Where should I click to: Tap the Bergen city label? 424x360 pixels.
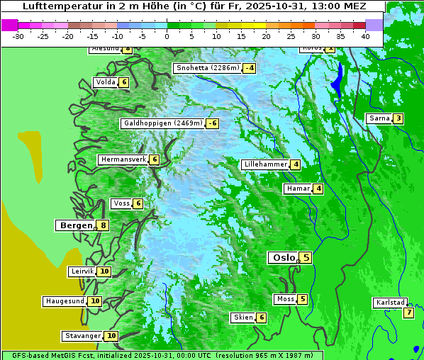(75, 225)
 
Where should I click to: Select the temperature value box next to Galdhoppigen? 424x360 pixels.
(212, 123)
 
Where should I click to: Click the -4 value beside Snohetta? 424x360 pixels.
(249, 68)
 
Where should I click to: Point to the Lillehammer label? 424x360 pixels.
(265, 164)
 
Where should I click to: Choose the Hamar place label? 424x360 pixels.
(298, 189)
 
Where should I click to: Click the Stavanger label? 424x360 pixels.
(82, 336)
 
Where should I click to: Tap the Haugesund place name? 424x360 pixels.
(65, 301)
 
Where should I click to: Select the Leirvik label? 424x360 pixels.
(82, 271)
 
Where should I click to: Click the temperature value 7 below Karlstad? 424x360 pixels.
(408, 313)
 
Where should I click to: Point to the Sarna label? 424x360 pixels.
(379, 118)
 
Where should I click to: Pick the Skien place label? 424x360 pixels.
(243, 317)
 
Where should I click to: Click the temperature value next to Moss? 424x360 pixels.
(303, 299)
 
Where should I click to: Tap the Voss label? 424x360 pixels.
(121, 203)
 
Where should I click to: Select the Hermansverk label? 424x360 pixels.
(123, 159)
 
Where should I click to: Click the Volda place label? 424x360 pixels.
(105, 82)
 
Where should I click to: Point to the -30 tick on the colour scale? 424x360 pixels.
(18, 35)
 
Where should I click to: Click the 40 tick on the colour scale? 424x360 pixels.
(365, 35)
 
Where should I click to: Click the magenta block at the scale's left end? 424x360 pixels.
(10, 25)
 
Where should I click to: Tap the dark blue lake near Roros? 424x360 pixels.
(338, 79)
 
